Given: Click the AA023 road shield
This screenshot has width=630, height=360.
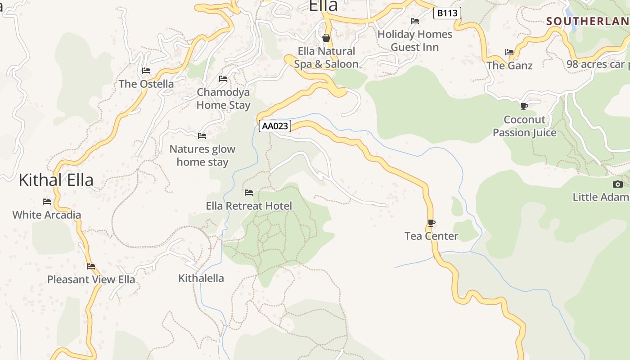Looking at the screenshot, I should coord(274,126).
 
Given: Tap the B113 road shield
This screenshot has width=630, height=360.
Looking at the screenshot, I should coord(447,13).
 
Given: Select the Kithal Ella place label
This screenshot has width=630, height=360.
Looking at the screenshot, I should coord(56,180).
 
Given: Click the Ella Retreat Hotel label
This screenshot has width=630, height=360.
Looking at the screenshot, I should coord(249,206).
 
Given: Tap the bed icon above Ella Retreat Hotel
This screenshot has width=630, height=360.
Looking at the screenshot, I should coord(249,193).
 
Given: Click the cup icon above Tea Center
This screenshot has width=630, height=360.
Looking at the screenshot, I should coord(431,223).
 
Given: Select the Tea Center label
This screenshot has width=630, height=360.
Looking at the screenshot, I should coord(431,236).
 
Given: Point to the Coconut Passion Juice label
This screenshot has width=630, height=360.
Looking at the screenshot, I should coord(524,126).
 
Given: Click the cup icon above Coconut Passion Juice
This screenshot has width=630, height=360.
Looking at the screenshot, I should coord(524,106).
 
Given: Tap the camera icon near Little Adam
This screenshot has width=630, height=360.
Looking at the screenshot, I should coord(618,184).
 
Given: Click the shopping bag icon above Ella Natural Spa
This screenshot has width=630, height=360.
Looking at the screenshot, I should coord(326,38).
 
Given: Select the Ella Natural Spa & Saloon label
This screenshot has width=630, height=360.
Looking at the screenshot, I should coord(326,58).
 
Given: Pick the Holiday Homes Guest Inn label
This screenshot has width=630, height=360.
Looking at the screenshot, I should coord(414,40).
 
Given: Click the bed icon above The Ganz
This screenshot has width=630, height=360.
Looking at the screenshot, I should coord(509,52).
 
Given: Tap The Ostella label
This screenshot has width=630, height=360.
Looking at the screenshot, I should coord(146,84).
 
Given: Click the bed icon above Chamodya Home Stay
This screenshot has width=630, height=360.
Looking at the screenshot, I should coord(223,79).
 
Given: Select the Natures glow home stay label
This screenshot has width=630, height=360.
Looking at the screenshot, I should coord(202,155).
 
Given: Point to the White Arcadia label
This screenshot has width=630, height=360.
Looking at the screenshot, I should coord(47,215).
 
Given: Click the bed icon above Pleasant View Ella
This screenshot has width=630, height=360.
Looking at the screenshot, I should coord(91,266).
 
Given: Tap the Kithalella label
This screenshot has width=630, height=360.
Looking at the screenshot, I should coord(201,278).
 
